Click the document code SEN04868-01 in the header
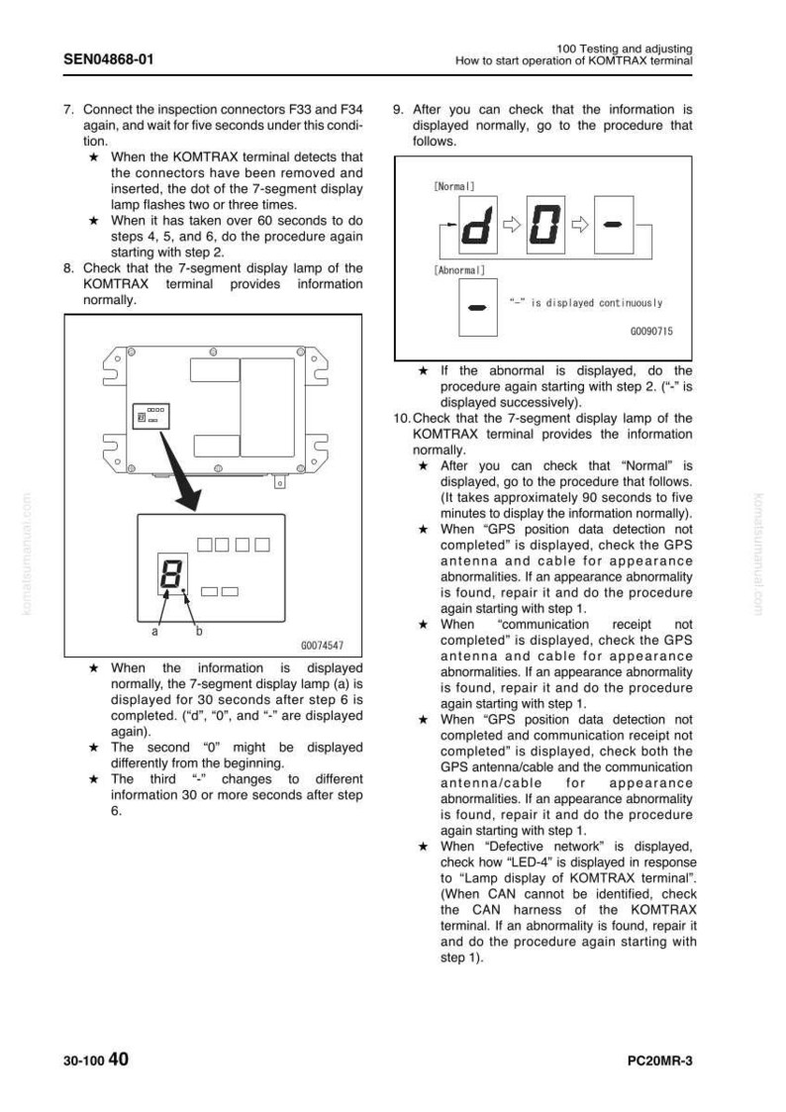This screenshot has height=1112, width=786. (x=109, y=58)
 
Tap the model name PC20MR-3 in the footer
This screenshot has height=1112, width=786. (x=660, y=1061)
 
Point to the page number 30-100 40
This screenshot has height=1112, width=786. (x=96, y=1060)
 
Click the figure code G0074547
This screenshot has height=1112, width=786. (x=322, y=646)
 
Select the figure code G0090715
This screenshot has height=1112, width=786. (x=651, y=331)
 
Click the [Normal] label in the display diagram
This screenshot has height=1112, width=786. (x=453, y=186)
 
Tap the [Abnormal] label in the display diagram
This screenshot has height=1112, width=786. (x=459, y=270)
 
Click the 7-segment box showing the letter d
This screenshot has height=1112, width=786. (x=478, y=225)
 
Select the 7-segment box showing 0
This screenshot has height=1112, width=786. (x=545, y=225)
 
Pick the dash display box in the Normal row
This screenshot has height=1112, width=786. (x=613, y=225)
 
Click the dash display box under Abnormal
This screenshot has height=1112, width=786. (x=478, y=307)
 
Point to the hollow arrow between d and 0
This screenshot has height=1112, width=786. (x=512, y=225)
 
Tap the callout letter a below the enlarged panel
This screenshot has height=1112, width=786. (x=155, y=631)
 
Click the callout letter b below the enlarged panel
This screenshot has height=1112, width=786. (x=199, y=630)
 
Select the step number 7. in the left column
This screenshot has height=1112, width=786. (x=68, y=110)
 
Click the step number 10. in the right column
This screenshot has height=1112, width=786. (x=402, y=419)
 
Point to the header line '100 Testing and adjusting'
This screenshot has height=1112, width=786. (x=624, y=49)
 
